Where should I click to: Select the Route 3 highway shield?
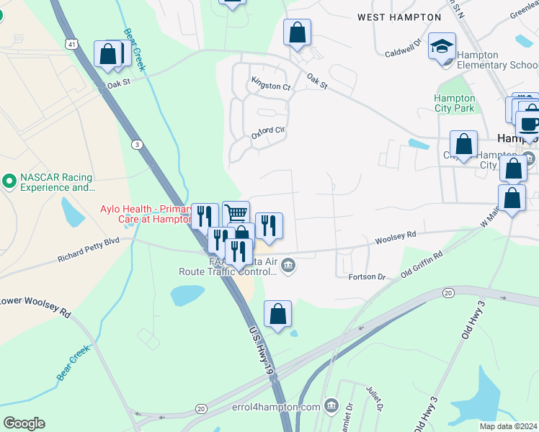(136, 145)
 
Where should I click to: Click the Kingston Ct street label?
(270, 86)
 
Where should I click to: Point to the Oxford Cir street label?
(268, 132)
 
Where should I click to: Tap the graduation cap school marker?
(442, 48)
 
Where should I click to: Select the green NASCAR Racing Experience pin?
(9, 179)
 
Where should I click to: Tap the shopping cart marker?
(236, 214)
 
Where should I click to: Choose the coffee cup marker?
(530, 122)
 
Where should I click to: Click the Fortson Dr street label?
(367, 276)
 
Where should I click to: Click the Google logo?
(23, 423)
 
